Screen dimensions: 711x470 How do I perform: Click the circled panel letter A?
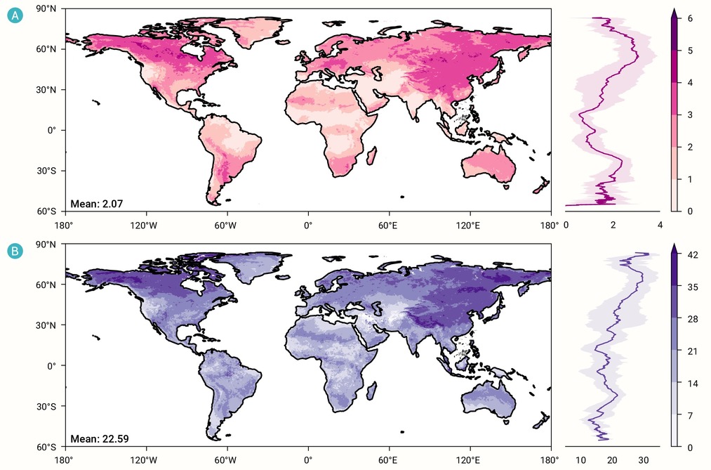point(15,16)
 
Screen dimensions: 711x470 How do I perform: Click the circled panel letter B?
point(15,251)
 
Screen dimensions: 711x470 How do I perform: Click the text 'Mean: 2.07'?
point(97,204)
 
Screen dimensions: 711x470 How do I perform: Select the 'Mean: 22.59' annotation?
point(100,438)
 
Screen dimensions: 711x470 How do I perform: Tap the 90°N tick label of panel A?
point(46,8)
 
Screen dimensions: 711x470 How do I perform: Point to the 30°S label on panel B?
point(47,407)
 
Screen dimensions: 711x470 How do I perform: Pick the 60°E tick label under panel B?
point(388,460)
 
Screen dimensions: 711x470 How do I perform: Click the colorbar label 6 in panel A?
point(690,18)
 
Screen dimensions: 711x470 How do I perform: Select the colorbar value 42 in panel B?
point(693,255)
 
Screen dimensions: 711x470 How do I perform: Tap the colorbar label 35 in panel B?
point(693,287)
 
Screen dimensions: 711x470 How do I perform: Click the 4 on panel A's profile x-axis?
point(660,225)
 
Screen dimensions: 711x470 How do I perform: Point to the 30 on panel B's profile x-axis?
point(644,460)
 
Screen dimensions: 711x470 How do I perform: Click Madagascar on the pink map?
point(371,155)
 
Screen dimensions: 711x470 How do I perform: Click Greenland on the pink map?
point(257,31)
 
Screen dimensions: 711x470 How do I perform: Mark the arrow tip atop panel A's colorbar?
point(675,8)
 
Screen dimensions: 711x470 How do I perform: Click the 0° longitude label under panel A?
point(308,225)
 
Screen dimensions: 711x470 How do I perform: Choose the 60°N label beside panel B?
point(46,285)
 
